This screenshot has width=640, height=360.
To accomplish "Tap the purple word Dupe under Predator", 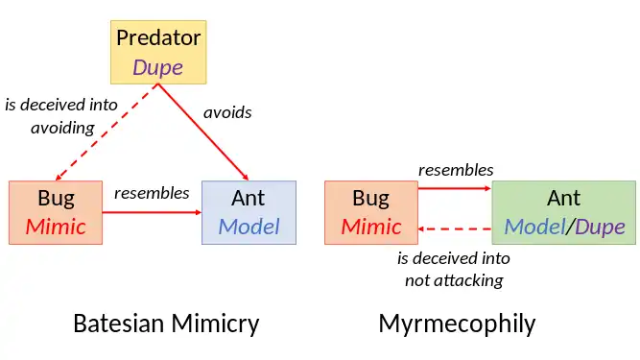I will (x=157, y=67).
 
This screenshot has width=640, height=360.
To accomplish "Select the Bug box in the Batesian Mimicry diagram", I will (x=56, y=212).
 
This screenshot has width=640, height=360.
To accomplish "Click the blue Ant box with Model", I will (x=249, y=212).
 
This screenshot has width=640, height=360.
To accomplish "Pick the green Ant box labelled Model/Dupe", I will (x=563, y=212).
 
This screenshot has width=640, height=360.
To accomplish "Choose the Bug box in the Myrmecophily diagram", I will (x=370, y=212).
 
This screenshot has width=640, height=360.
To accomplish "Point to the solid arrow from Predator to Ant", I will (x=203, y=132).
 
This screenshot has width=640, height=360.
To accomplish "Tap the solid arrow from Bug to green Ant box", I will (x=454, y=189).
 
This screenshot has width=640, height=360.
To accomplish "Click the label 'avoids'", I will (x=227, y=112).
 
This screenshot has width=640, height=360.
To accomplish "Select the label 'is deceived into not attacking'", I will (x=454, y=270).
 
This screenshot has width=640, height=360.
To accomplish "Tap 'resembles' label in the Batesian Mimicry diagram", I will (x=152, y=193).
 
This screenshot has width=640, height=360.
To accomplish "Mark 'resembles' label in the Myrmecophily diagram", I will (x=456, y=170).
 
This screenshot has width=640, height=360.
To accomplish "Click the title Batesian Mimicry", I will (x=166, y=324).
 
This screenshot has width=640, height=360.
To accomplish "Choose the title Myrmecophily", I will (x=457, y=324).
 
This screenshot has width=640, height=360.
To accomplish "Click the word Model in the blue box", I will (x=249, y=227).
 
